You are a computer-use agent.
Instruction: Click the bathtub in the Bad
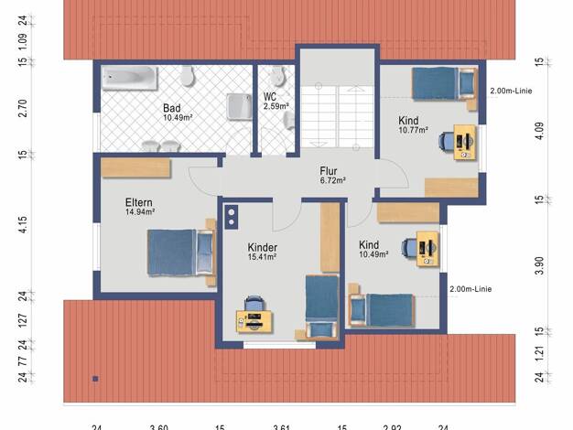129,78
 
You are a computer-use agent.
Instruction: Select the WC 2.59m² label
276,102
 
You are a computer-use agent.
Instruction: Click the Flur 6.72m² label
332,175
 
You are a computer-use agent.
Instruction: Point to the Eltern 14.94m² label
140,207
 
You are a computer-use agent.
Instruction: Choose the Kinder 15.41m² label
262,252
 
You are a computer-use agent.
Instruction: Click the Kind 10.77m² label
413,125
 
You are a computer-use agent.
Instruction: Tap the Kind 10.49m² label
373,249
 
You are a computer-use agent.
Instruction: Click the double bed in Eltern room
180,252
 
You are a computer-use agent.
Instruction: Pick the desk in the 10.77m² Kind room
465,142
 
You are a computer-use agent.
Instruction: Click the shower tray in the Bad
239,107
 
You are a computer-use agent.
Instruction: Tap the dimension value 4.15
22,224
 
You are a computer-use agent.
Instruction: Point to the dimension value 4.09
539,131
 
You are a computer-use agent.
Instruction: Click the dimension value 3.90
539,265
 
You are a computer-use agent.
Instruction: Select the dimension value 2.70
22,108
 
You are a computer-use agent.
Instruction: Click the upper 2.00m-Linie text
511,91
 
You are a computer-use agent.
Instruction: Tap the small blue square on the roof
95,379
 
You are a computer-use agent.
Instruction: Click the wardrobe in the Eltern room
136,168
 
